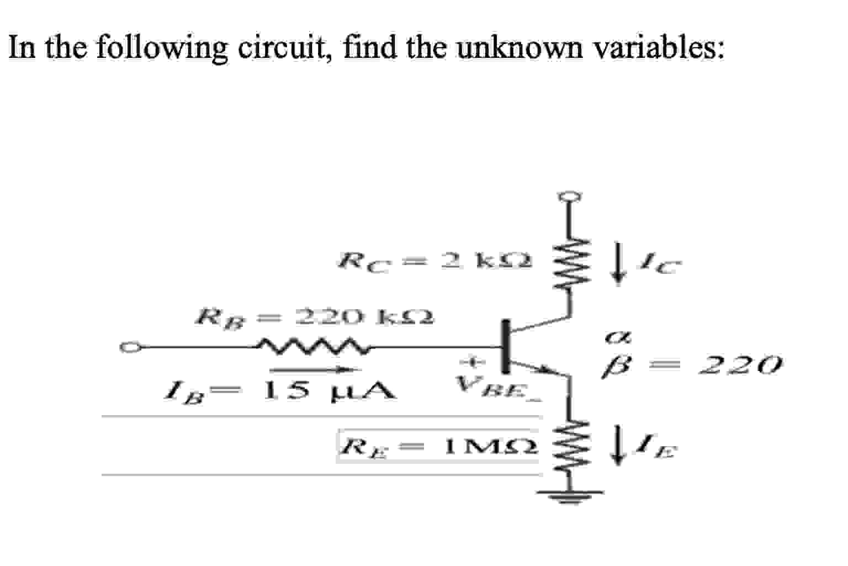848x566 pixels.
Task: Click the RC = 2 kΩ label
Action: tap(436, 260)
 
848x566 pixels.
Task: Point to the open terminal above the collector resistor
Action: tap(571, 196)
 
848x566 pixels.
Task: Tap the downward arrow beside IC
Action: tap(621, 267)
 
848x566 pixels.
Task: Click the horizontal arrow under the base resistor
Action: tap(315, 369)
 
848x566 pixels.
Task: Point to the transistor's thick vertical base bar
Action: tap(505, 347)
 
